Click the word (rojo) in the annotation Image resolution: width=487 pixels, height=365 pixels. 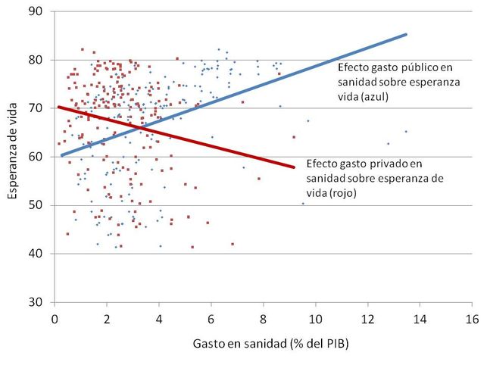pos(342,192)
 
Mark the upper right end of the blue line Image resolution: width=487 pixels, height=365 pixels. pos(407,34)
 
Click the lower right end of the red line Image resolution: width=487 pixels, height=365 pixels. pos(293,167)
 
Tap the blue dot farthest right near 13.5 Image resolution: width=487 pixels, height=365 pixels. pos(406,132)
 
